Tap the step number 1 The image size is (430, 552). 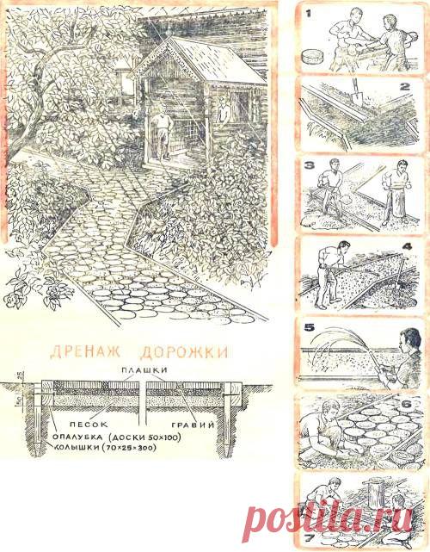(x=306, y=15)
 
